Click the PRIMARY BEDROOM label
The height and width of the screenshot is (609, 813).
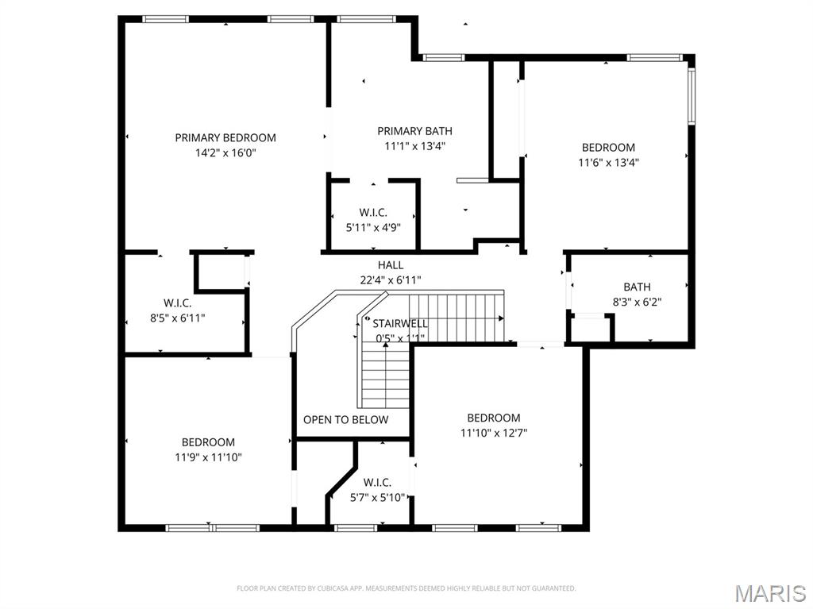pos(225,137)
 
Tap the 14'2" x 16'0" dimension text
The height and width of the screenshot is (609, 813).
pos(225,153)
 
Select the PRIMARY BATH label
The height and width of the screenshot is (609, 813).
pos(414,131)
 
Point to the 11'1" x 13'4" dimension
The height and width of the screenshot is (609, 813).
pos(414,146)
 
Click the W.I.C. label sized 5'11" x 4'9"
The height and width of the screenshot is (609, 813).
pos(373,212)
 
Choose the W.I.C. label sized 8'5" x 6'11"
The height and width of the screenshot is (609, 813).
pos(177,303)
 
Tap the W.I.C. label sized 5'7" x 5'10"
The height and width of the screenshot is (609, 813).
pos(377,482)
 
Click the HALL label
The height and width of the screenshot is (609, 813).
pos(390,265)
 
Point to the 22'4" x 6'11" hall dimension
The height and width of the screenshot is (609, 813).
pos(390,279)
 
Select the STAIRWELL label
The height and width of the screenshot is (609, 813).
pos(400,323)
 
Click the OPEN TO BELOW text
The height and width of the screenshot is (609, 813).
pos(345,419)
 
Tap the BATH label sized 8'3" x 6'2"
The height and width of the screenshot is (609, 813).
pos(637,287)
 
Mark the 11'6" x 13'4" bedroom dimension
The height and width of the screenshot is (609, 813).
pos(608,162)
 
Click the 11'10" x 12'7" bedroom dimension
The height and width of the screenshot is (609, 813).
pos(493,433)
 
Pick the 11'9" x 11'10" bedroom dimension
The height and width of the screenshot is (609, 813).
pos(208,457)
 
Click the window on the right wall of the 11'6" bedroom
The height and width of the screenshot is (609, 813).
pos(691,96)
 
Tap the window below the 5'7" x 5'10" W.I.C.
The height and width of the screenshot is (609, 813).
pos(356,526)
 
